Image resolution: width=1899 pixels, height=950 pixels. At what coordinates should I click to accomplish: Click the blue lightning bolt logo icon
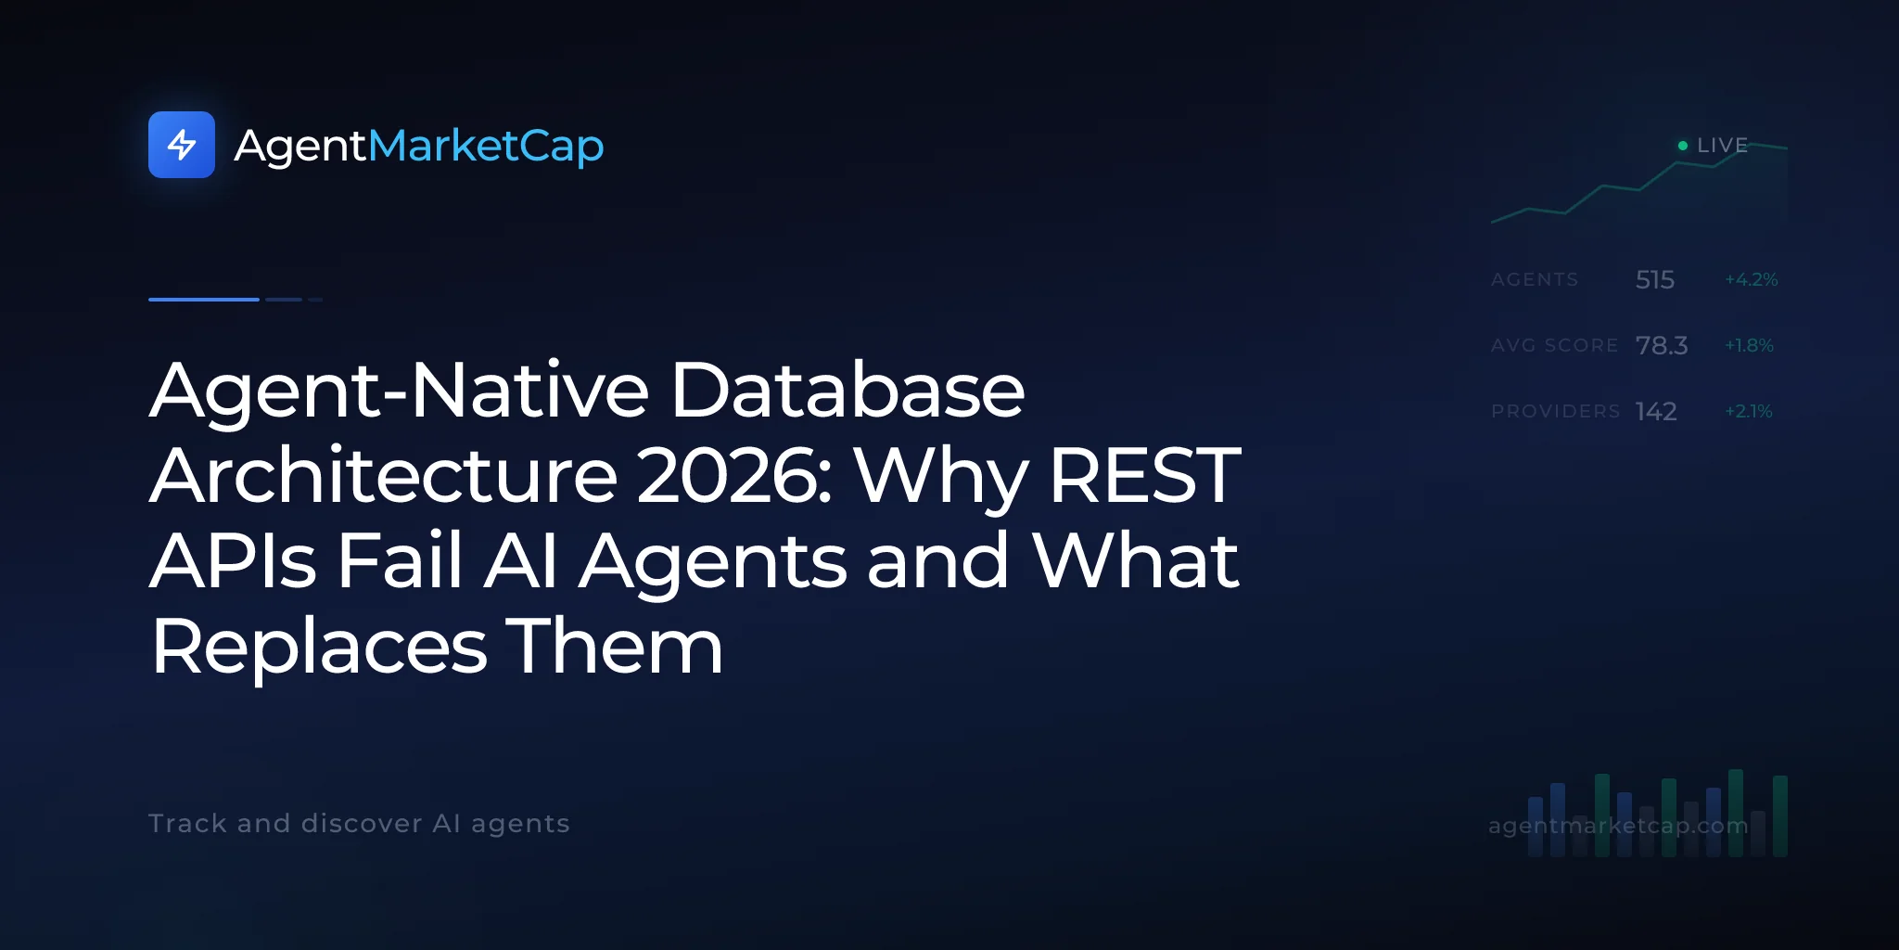[x=182, y=145]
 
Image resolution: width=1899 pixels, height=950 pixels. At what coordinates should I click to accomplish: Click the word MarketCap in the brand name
[x=486, y=147]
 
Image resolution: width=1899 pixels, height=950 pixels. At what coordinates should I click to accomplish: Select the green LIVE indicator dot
[x=1683, y=146]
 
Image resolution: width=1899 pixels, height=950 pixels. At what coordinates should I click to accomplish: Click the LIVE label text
[x=1722, y=146]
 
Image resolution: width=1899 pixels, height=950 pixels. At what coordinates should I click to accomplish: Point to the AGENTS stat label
[x=1535, y=279]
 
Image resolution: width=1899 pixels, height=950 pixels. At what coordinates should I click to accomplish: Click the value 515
[x=1655, y=279]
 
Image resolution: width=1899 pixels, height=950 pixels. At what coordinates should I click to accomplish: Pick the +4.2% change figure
[x=1752, y=279]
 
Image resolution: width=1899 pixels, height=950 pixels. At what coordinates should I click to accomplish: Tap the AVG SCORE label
[x=1554, y=345]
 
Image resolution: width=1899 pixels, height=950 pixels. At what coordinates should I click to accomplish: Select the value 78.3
[x=1662, y=345]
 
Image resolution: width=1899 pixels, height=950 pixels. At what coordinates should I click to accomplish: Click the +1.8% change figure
[x=1749, y=345]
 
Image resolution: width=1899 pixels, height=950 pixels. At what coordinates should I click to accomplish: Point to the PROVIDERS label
[x=1555, y=411]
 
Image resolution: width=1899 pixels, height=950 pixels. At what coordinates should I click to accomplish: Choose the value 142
[x=1656, y=411]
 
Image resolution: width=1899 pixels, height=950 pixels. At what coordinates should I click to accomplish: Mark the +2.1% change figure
[x=1749, y=411]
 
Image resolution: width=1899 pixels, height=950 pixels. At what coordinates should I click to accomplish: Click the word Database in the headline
[x=848, y=390]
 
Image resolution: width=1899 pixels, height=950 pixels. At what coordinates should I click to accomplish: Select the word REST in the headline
[x=1145, y=475]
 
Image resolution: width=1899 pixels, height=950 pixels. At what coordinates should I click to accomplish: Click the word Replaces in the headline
[x=319, y=648]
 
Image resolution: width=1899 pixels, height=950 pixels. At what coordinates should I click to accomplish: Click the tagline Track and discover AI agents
[x=359, y=824]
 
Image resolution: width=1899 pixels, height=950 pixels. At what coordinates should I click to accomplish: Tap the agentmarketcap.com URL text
[x=1618, y=826]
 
